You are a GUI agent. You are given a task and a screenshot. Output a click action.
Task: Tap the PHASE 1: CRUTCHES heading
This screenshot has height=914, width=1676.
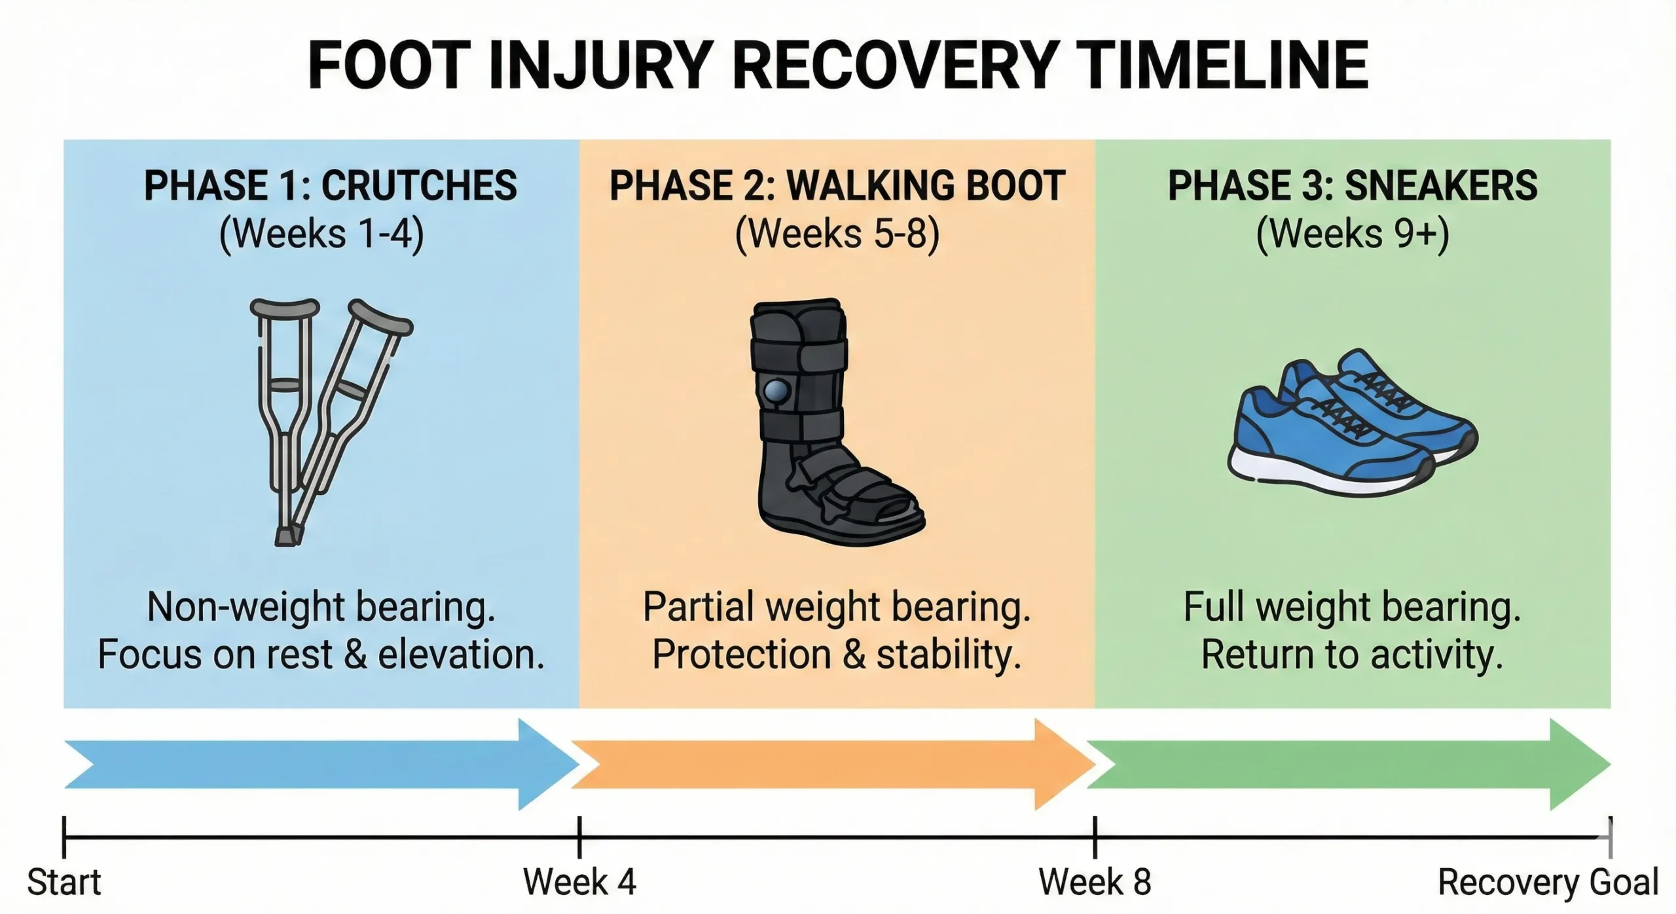tap(331, 186)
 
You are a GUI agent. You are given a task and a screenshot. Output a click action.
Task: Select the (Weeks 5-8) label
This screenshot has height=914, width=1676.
tap(837, 234)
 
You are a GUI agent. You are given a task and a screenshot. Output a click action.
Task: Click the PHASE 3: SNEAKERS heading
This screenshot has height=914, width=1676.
tap(1353, 186)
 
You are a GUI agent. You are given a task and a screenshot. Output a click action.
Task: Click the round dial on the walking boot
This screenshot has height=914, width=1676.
tap(776, 392)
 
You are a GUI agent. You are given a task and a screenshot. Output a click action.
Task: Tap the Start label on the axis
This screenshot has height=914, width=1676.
tap(64, 883)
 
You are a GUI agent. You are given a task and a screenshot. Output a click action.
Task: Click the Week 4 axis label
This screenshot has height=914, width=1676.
tap(579, 883)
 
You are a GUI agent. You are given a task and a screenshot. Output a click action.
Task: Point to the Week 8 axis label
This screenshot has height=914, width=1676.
tap(1095, 883)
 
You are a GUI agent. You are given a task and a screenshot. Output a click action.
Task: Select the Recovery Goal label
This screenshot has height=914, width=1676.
tap(1548, 883)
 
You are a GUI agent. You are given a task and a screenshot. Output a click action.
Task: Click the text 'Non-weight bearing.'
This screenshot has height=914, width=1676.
tap(321, 608)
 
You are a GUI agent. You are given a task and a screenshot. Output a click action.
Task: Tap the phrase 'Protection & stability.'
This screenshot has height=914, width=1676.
tap(837, 655)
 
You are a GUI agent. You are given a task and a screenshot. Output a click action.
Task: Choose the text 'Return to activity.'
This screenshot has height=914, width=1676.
tap(1352, 655)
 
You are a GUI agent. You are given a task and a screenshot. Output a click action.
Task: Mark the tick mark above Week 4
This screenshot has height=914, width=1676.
tap(579, 837)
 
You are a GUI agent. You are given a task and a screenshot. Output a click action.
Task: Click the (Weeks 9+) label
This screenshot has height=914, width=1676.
tap(1353, 234)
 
